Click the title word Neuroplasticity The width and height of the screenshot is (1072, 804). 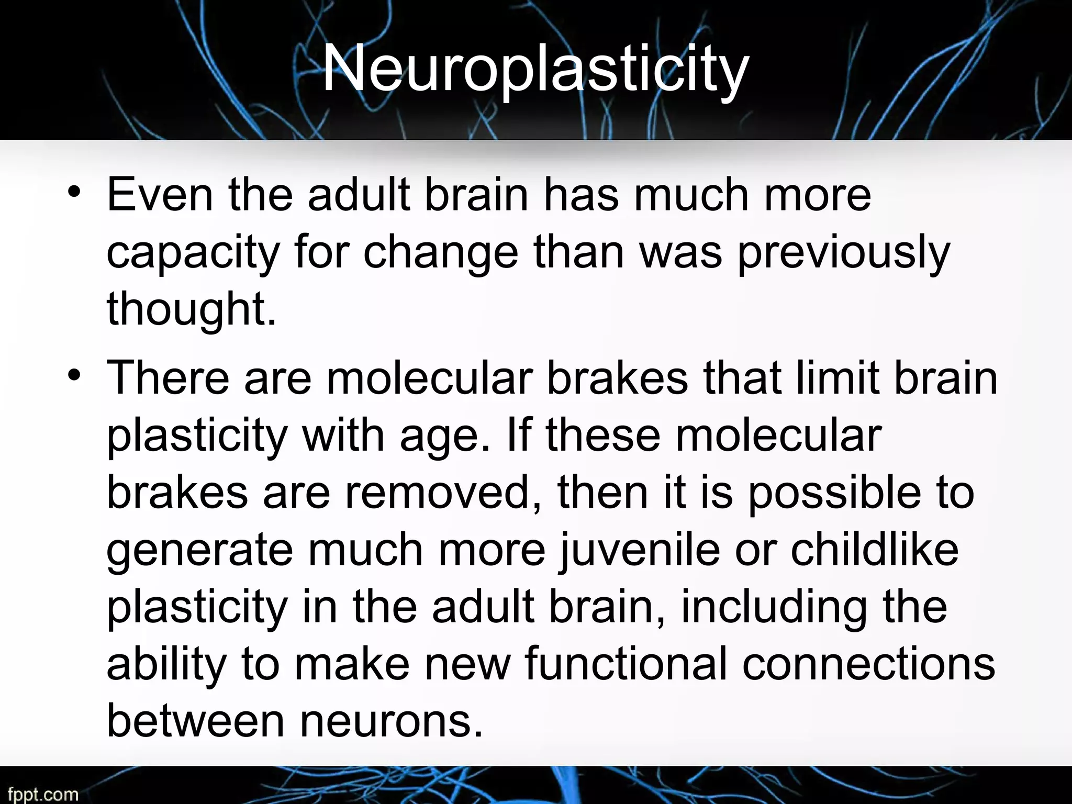(x=535, y=71)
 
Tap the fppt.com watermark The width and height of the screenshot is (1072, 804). (x=39, y=795)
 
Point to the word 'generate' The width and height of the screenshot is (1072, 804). (x=199, y=552)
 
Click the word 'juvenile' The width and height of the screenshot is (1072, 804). (x=639, y=551)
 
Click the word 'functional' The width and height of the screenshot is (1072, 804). (x=626, y=664)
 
